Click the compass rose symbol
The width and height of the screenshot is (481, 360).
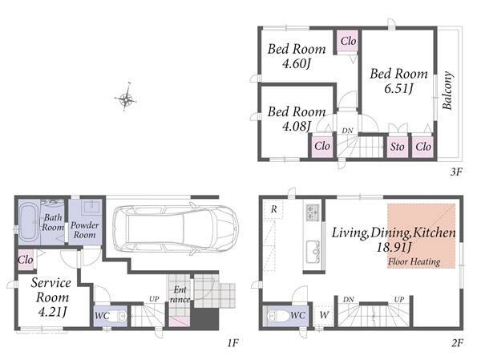pyautogui.click(x=126, y=98)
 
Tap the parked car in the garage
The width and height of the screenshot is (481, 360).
pyautogui.click(x=176, y=229)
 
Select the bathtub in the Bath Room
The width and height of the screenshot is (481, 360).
pyautogui.click(x=29, y=223)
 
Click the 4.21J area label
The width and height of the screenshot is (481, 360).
pyautogui.click(x=52, y=312)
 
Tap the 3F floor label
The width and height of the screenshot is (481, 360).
pyautogui.click(x=456, y=172)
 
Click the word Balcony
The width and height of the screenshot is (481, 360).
pyautogui.click(x=447, y=91)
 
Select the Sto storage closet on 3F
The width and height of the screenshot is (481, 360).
pyautogui.click(x=398, y=147)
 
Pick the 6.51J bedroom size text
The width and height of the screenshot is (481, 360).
pyautogui.click(x=398, y=88)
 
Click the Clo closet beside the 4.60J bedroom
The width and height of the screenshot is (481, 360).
pyautogui.click(x=348, y=41)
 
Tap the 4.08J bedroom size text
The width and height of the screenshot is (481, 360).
pyautogui.click(x=297, y=126)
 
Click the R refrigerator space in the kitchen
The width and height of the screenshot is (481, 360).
pyautogui.click(x=273, y=209)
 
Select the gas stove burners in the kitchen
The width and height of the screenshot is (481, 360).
pyautogui.click(x=313, y=212)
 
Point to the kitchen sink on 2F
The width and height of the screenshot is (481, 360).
pyautogui.click(x=313, y=251)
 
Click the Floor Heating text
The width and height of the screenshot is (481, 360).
pyautogui.click(x=414, y=262)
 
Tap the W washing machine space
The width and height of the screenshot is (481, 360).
pyautogui.click(x=324, y=315)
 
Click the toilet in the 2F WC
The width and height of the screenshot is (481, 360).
pyautogui.click(x=278, y=316)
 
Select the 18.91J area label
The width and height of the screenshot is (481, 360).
pyautogui.click(x=394, y=247)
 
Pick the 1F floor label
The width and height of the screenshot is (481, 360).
pyautogui.click(x=232, y=343)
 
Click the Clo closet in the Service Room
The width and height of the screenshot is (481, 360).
pyautogui.click(x=26, y=260)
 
